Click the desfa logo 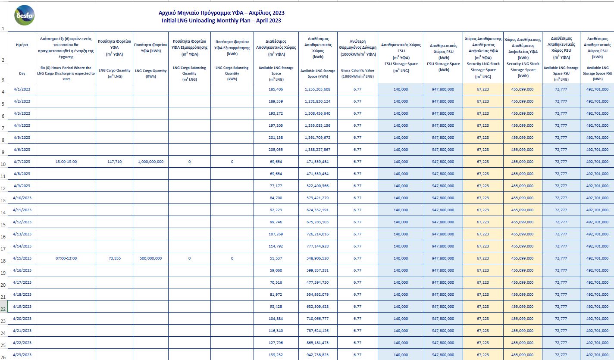(25, 16)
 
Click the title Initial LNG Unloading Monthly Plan (221, 20)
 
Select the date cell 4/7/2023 (22, 162)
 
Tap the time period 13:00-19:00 (66, 162)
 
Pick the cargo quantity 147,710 (114, 162)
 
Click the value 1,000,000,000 (150, 162)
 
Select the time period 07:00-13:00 (66, 258)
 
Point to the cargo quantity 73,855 (114, 258)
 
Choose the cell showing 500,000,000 (150, 258)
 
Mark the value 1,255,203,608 (317, 89)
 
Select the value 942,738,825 (317, 355)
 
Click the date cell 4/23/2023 (22, 355)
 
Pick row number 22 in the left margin (3, 309)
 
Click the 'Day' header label (22, 73)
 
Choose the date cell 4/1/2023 (22, 89)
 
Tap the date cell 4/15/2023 (22, 258)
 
